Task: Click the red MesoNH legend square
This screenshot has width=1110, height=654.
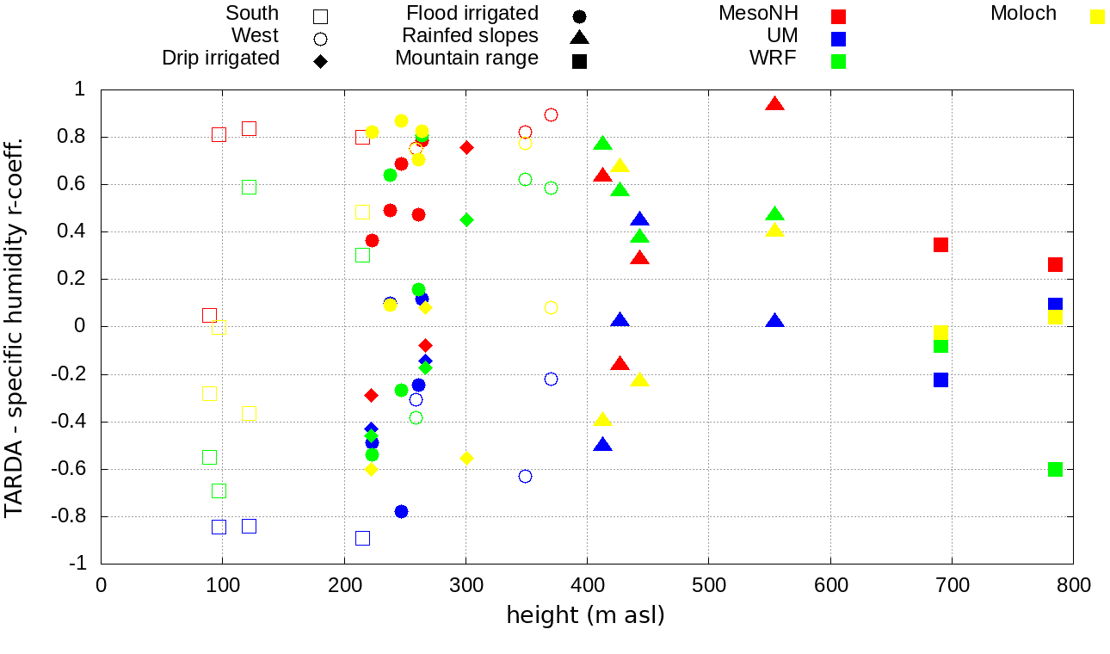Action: [839, 16]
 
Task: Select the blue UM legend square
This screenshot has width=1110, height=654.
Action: [839, 39]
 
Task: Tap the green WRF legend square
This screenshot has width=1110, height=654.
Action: [839, 61]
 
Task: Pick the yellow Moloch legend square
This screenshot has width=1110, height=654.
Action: [1097, 16]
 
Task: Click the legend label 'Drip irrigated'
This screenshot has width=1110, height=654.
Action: [221, 59]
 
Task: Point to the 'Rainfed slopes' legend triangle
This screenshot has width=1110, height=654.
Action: [579, 37]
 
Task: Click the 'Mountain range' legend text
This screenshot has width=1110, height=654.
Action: [466, 59]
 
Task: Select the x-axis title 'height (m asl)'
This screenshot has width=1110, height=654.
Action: [585, 616]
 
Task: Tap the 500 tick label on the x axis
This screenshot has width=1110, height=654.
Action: [708, 586]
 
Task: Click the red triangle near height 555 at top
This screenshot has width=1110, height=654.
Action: [774, 104]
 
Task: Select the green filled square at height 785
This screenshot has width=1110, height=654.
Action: [1055, 469]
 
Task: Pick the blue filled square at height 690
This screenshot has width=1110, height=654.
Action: [940, 379]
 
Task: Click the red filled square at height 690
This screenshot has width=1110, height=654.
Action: [940, 244]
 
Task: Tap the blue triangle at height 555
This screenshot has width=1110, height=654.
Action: [774, 321]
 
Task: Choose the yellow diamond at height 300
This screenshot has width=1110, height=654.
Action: [466, 458]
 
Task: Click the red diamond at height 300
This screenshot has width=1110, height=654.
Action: [466, 147]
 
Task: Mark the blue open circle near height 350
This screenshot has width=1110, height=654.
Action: [525, 476]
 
